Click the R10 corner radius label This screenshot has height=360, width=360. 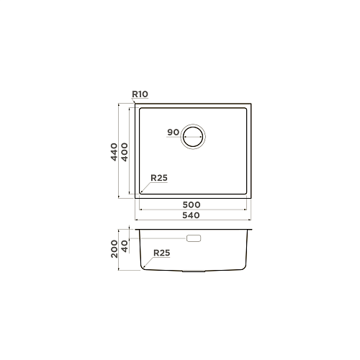coord(140,94)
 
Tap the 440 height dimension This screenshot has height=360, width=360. coord(114,152)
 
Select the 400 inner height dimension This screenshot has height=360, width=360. coord(125,152)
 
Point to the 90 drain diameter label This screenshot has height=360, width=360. coord(173,132)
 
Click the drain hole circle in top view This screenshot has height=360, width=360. coord(193,125)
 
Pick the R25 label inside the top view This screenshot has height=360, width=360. coord(159,178)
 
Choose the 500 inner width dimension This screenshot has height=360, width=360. coord(192,204)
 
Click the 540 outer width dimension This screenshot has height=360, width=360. coord(191,215)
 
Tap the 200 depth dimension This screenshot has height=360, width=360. coord(114,249)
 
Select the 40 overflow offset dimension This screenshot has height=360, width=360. coord(125,246)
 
